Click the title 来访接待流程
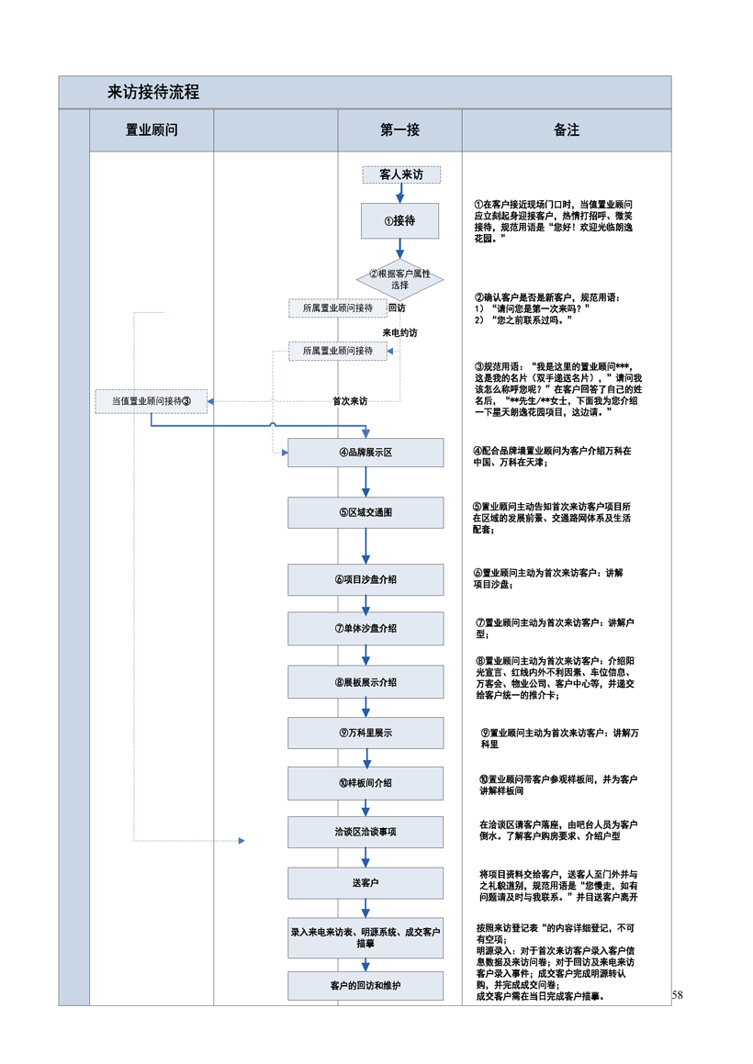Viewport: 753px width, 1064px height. click(153, 93)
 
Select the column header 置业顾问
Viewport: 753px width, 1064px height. click(152, 130)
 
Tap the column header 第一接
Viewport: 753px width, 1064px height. click(399, 130)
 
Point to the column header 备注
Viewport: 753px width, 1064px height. click(567, 130)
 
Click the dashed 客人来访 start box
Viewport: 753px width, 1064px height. click(401, 174)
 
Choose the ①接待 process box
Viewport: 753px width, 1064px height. click(399, 220)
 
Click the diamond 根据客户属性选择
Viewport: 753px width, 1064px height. click(399, 279)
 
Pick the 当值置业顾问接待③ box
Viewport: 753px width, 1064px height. click(151, 400)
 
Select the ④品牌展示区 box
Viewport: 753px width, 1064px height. click(365, 453)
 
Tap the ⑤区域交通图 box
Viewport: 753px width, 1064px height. click(365, 512)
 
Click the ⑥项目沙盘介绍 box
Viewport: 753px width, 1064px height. click(365, 579)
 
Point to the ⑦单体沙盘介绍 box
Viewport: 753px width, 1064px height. click(365, 628)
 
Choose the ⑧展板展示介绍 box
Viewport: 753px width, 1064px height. click(365, 682)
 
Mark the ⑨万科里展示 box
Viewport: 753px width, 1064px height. click(365, 733)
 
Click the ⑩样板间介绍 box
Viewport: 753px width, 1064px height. click(365, 783)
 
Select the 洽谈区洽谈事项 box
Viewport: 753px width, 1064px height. click(365, 832)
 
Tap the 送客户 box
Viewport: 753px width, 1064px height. click(365, 882)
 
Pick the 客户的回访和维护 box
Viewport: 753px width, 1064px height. click(365, 986)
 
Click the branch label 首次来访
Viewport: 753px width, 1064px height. click(349, 401)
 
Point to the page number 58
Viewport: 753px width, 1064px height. click(678, 995)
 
